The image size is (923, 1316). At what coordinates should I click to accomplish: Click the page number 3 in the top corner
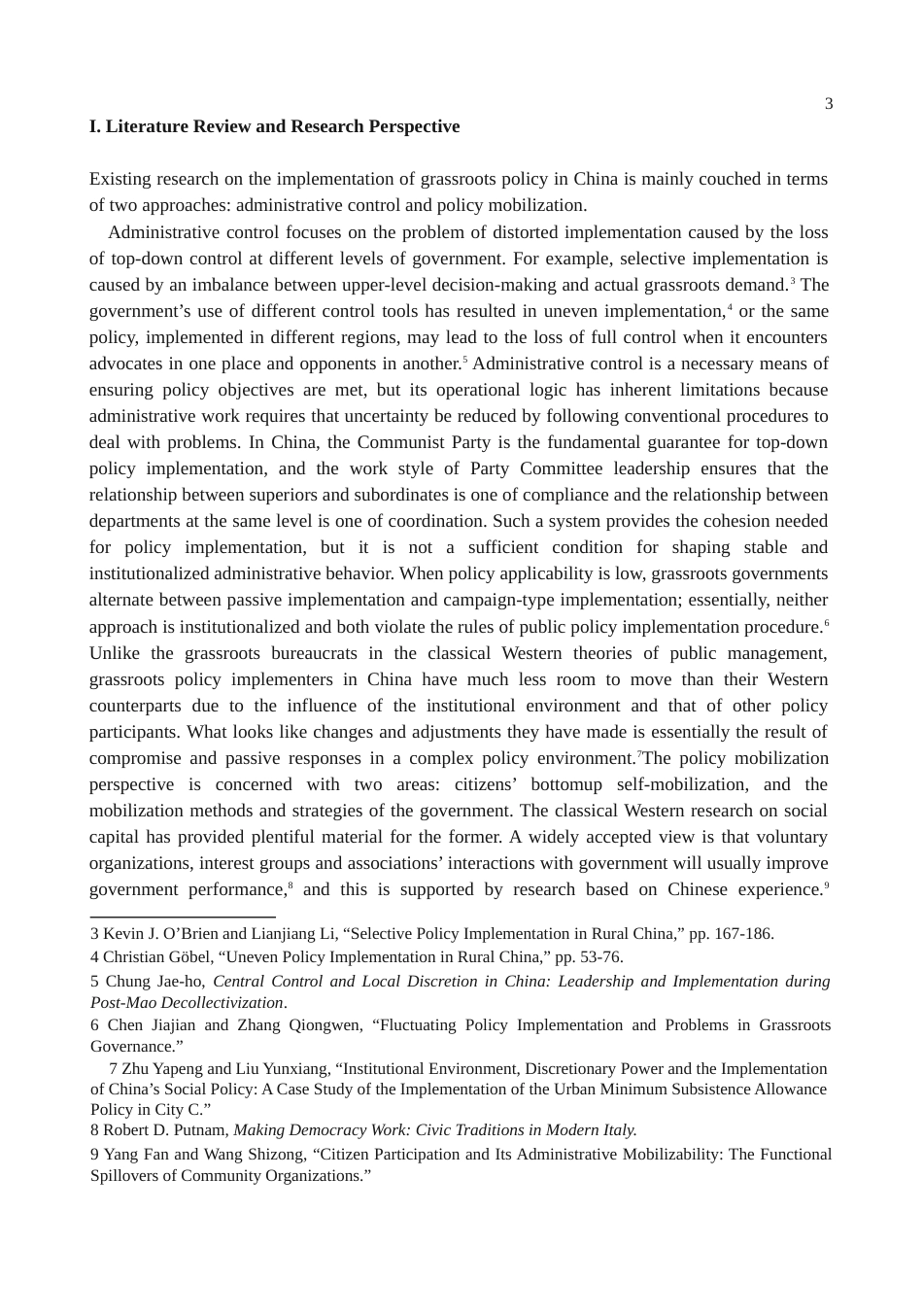(828, 104)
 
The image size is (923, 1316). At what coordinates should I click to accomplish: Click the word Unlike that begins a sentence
(114, 653)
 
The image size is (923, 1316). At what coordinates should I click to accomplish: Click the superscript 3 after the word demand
(792, 281)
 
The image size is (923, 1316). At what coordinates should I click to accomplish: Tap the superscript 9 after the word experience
(826, 885)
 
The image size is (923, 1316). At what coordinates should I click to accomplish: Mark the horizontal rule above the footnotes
(183, 916)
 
